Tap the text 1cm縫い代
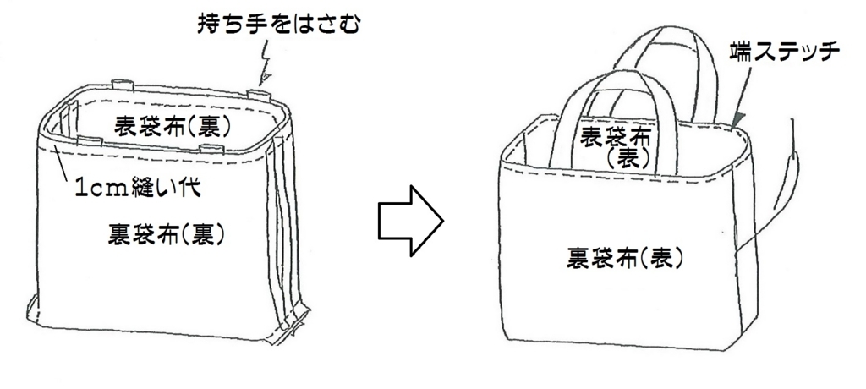[135, 187]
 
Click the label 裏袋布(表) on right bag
[626, 258]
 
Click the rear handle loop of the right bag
[668, 51]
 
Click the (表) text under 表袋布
[628, 158]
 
